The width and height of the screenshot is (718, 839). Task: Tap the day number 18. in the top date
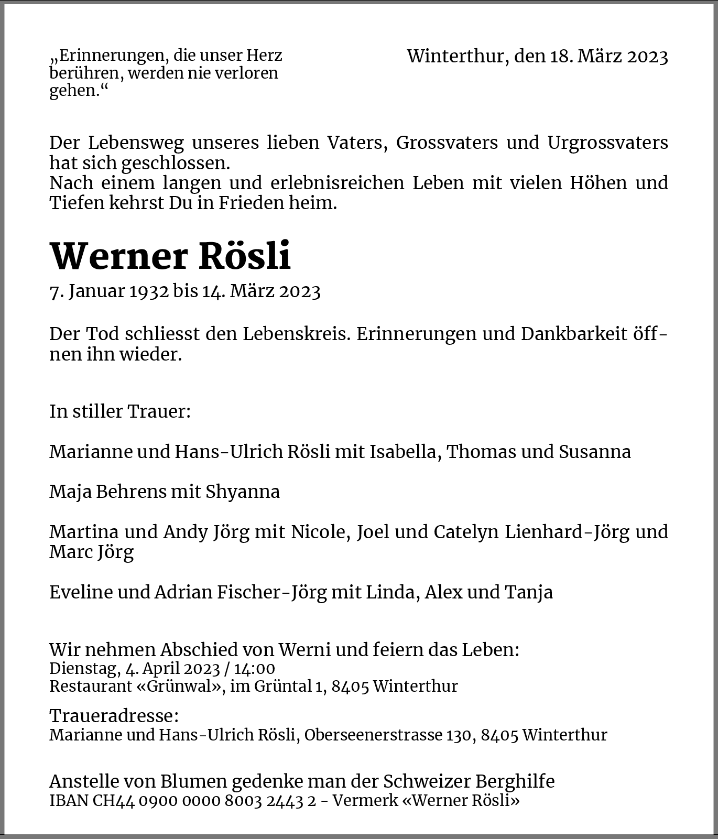click(x=561, y=57)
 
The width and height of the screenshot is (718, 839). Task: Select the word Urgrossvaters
click(x=607, y=143)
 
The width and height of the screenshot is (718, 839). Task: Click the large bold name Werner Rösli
click(x=170, y=256)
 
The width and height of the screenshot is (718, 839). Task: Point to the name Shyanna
click(x=242, y=492)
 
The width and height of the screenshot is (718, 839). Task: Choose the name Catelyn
click(x=465, y=532)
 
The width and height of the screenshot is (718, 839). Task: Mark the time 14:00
click(x=256, y=669)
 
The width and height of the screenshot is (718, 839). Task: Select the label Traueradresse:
click(x=114, y=716)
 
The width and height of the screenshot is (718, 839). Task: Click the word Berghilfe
click(x=515, y=781)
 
